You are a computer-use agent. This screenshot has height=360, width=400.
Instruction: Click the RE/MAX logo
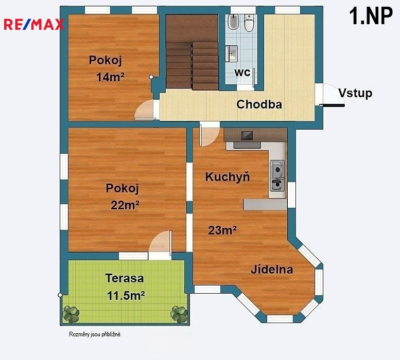click(34, 25)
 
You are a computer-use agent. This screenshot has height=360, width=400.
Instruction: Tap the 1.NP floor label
click(371, 16)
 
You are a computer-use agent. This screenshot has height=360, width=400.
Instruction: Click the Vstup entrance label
click(355, 93)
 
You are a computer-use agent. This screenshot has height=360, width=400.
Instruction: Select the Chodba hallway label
click(259, 104)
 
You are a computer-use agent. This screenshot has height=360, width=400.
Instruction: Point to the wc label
click(242, 73)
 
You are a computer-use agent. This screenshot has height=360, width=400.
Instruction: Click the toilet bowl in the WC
click(249, 22)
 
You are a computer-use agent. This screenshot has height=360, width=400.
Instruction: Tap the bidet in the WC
click(233, 22)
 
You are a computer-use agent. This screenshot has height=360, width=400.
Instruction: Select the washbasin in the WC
click(232, 53)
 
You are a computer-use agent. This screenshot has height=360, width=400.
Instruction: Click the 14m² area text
click(110, 77)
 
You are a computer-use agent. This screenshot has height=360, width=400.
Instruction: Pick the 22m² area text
click(125, 205)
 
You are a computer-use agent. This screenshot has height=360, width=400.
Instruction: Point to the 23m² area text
click(222, 230)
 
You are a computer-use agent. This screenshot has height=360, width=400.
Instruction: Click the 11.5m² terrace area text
click(126, 296)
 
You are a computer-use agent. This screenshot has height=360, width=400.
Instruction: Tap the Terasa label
click(125, 278)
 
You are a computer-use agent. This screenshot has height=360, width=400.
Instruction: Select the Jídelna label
click(272, 269)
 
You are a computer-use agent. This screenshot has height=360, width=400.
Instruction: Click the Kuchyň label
click(228, 176)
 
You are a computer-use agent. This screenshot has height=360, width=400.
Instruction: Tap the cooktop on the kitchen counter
click(247, 135)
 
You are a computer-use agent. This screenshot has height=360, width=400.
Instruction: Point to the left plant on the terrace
click(71, 314)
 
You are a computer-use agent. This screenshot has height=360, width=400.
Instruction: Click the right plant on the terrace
click(179, 314)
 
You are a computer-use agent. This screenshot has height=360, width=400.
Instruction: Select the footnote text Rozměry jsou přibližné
click(95, 334)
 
